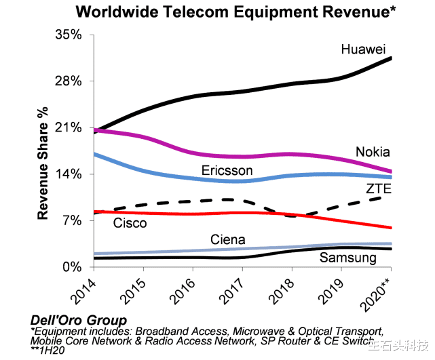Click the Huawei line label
point(363,49)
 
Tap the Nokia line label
point(373,152)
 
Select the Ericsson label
point(227,170)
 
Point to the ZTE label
point(379,188)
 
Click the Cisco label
point(130,223)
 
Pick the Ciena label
point(228,240)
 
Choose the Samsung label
point(348,258)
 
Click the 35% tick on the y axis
point(69,35)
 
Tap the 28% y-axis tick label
point(69,81)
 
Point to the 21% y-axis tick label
point(69,127)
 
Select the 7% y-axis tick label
point(72,220)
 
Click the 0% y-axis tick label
point(72,267)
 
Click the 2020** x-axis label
point(376,295)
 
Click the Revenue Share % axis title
point(43,163)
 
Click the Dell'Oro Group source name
point(79,321)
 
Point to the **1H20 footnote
point(48,351)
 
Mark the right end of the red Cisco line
point(391,228)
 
